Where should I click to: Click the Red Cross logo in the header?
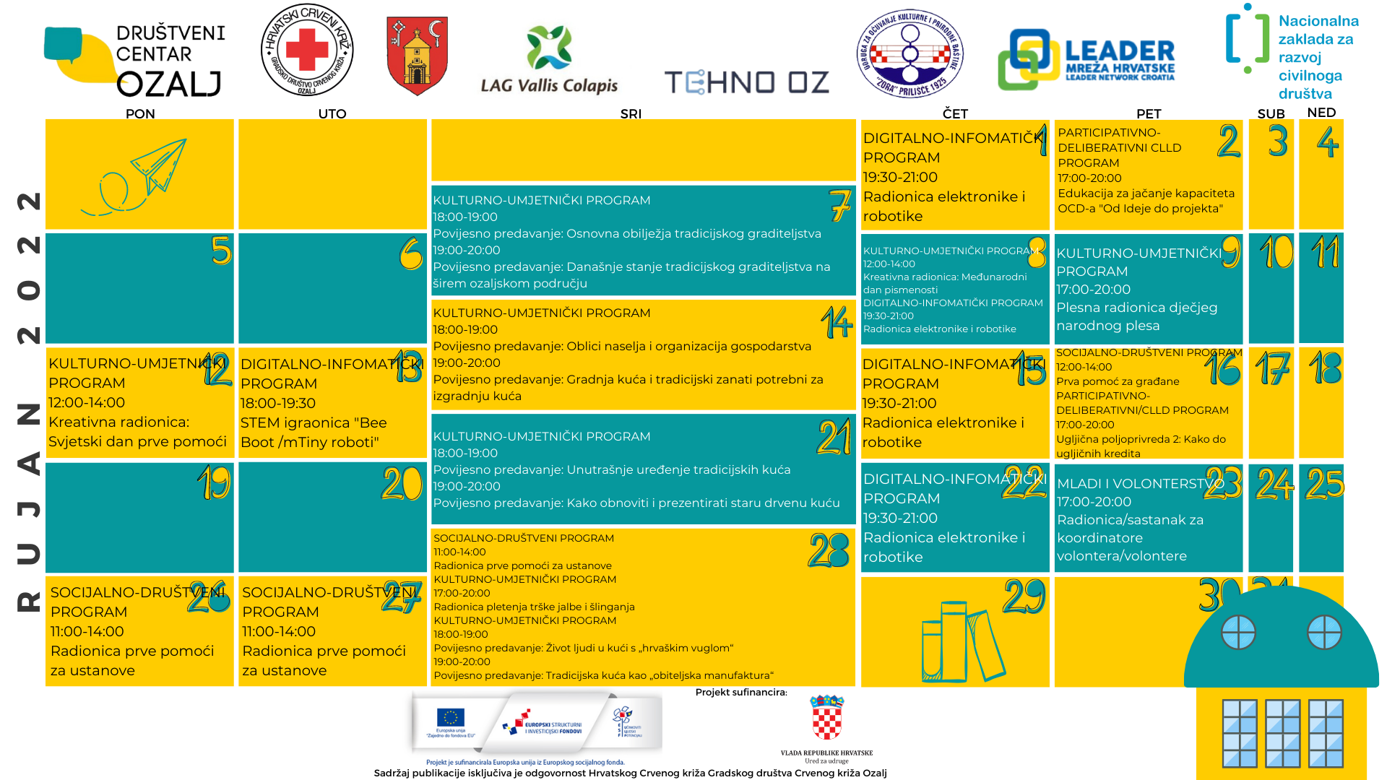coord(307,50)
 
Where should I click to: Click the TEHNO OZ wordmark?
coord(746,82)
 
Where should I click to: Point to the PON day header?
coord(140,113)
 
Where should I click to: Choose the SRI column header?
coord(631,113)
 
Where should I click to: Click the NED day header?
coord(1321,113)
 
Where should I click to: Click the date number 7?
coord(839,205)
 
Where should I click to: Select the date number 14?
coord(837,322)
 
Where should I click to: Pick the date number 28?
coord(829,551)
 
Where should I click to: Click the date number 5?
coord(221,251)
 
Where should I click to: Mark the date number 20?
coord(402,484)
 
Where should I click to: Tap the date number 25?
coord(1324,484)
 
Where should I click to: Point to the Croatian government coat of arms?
coord(827,716)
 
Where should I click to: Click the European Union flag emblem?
coord(450,717)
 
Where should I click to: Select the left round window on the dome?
coord(1238,633)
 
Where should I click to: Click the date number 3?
coord(1277,141)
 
